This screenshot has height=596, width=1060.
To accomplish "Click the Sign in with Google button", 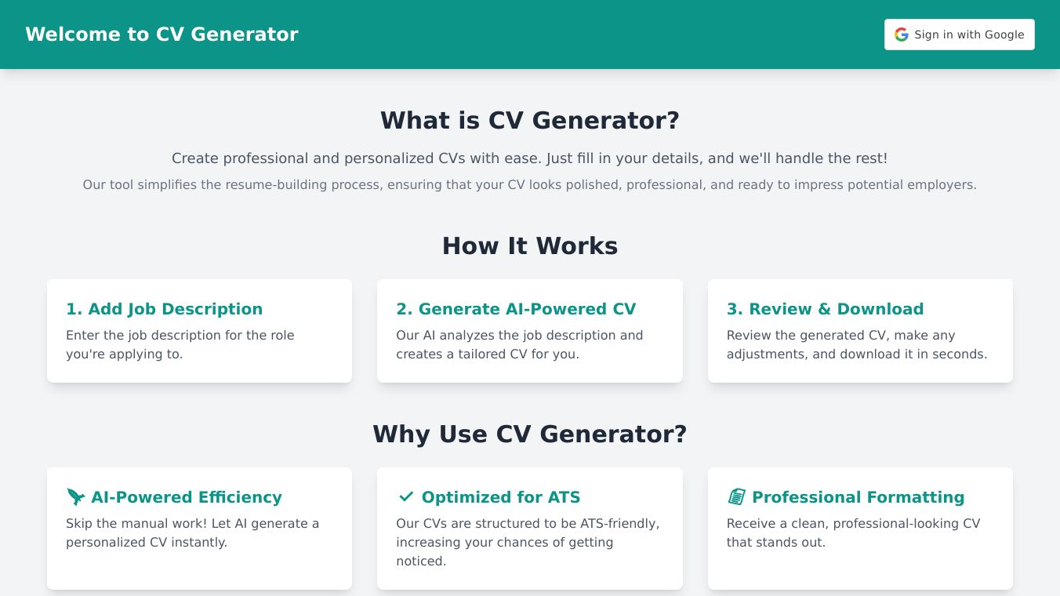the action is click(959, 35).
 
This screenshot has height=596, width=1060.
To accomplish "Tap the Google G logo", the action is click(902, 35).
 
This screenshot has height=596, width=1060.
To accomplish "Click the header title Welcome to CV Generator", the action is click(162, 35).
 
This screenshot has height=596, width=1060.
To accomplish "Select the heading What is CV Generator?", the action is click(530, 120).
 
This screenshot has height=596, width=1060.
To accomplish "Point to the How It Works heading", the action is click(530, 245).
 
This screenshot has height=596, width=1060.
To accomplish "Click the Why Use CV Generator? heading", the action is click(530, 434).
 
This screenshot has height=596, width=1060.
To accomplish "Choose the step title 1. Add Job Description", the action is click(164, 309).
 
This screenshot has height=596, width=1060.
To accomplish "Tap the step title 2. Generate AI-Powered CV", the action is click(516, 309).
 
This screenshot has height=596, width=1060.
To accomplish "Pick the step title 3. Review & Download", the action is click(826, 309).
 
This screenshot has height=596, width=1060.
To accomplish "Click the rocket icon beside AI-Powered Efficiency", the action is click(76, 497).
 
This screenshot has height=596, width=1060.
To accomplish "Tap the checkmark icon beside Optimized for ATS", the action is click(406, 496).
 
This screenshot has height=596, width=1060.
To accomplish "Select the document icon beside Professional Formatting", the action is click(736, 497).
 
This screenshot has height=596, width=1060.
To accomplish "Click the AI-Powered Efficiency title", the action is click(187, 497).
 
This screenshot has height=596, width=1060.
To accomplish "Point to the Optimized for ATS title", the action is click(501, 497).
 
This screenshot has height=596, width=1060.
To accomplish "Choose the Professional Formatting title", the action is click(858, 497).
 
